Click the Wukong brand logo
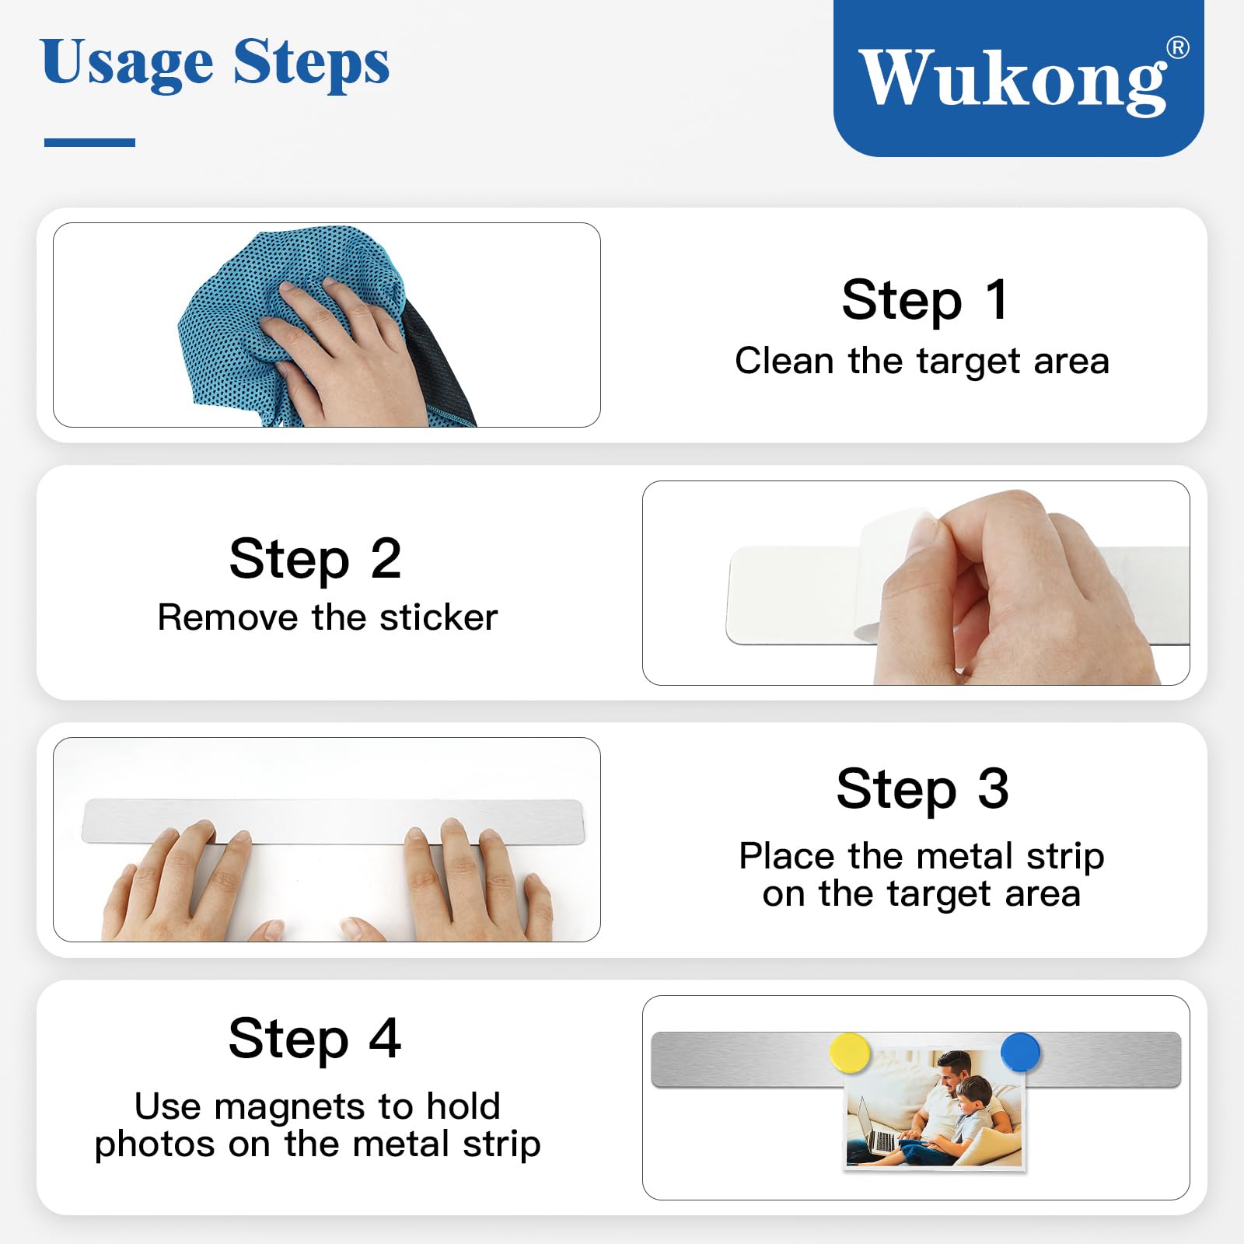click(x=1019, y=78)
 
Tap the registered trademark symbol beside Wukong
click(x=1178, y=48)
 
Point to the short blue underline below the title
click(x=89, y=142)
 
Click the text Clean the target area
click(x=922, y=361)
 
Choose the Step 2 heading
click(x=315, y=558)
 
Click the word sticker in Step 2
click(x=439, y=618)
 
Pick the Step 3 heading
click(x=923, y=788)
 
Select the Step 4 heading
click(x=315, y=1038)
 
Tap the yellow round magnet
click(x=850, y=1053)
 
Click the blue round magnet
click(x=1020, y=1052)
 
